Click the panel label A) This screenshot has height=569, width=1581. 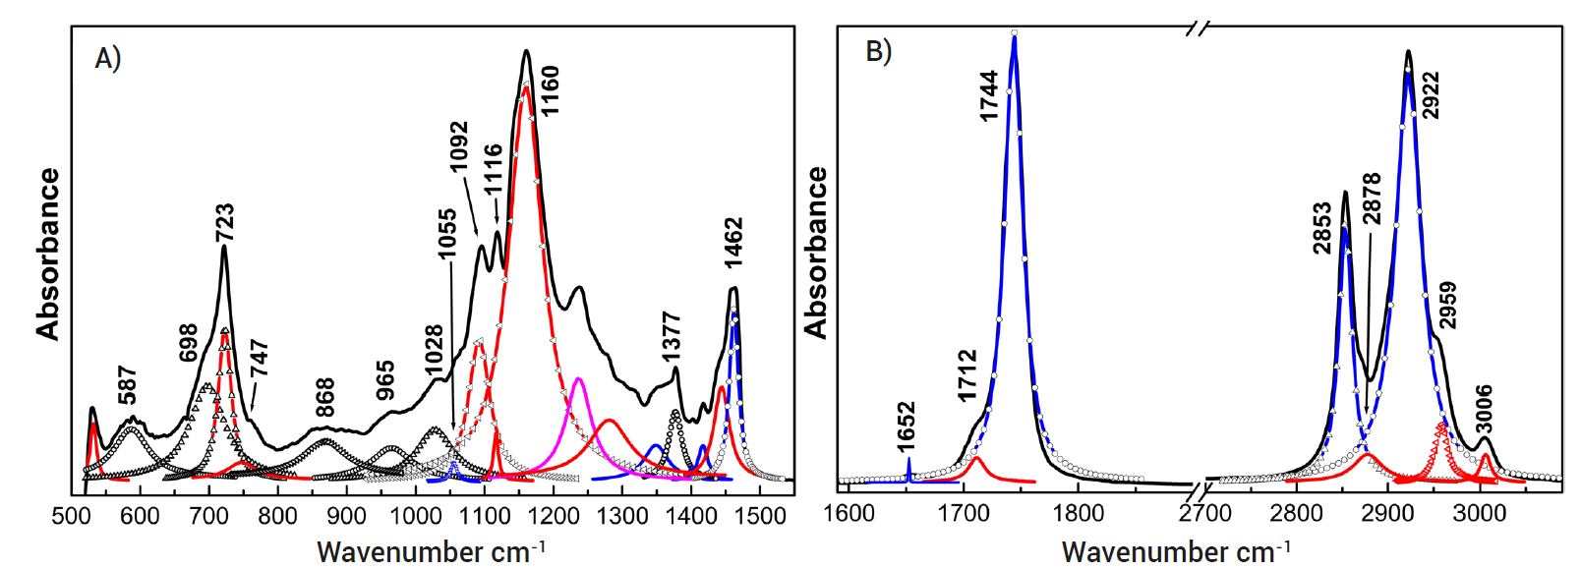pos(108,59)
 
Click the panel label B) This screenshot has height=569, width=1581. pos(878,51)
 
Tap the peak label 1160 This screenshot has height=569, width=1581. pos(550,90)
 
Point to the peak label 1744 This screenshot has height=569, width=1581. pos(989,95)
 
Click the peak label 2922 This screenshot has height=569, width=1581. pos(1432,95)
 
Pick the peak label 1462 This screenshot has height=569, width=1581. pos(733,243)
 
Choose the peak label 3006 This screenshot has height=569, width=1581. pos(1484,409)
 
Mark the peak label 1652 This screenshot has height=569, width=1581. pos(906,426)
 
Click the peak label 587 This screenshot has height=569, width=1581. pos(127,385)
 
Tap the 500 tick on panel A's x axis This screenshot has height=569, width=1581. pos(71,516)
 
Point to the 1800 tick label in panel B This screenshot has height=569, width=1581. pos(1079,513)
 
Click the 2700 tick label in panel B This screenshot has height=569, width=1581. pos(1205,513)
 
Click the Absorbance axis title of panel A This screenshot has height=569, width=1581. pos(48,254)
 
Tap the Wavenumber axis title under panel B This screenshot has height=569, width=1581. pos(1176,551)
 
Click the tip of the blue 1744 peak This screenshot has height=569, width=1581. pos(1014,34)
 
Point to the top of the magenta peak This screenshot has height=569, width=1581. pos(578,378)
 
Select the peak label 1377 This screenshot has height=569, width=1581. pos(671,337)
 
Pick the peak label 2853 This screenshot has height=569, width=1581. pos(1322,228)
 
